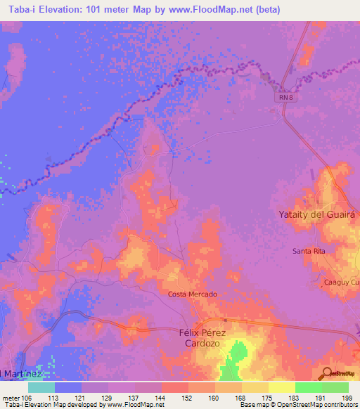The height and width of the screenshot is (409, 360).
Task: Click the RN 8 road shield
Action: coord(283,99)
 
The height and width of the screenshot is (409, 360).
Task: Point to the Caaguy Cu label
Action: coord(340,283)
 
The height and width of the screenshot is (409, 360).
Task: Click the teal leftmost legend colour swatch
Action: coord(41,387)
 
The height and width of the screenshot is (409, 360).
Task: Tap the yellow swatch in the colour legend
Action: coord(281,387)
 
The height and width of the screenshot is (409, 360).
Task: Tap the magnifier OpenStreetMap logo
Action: coord(327,373)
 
